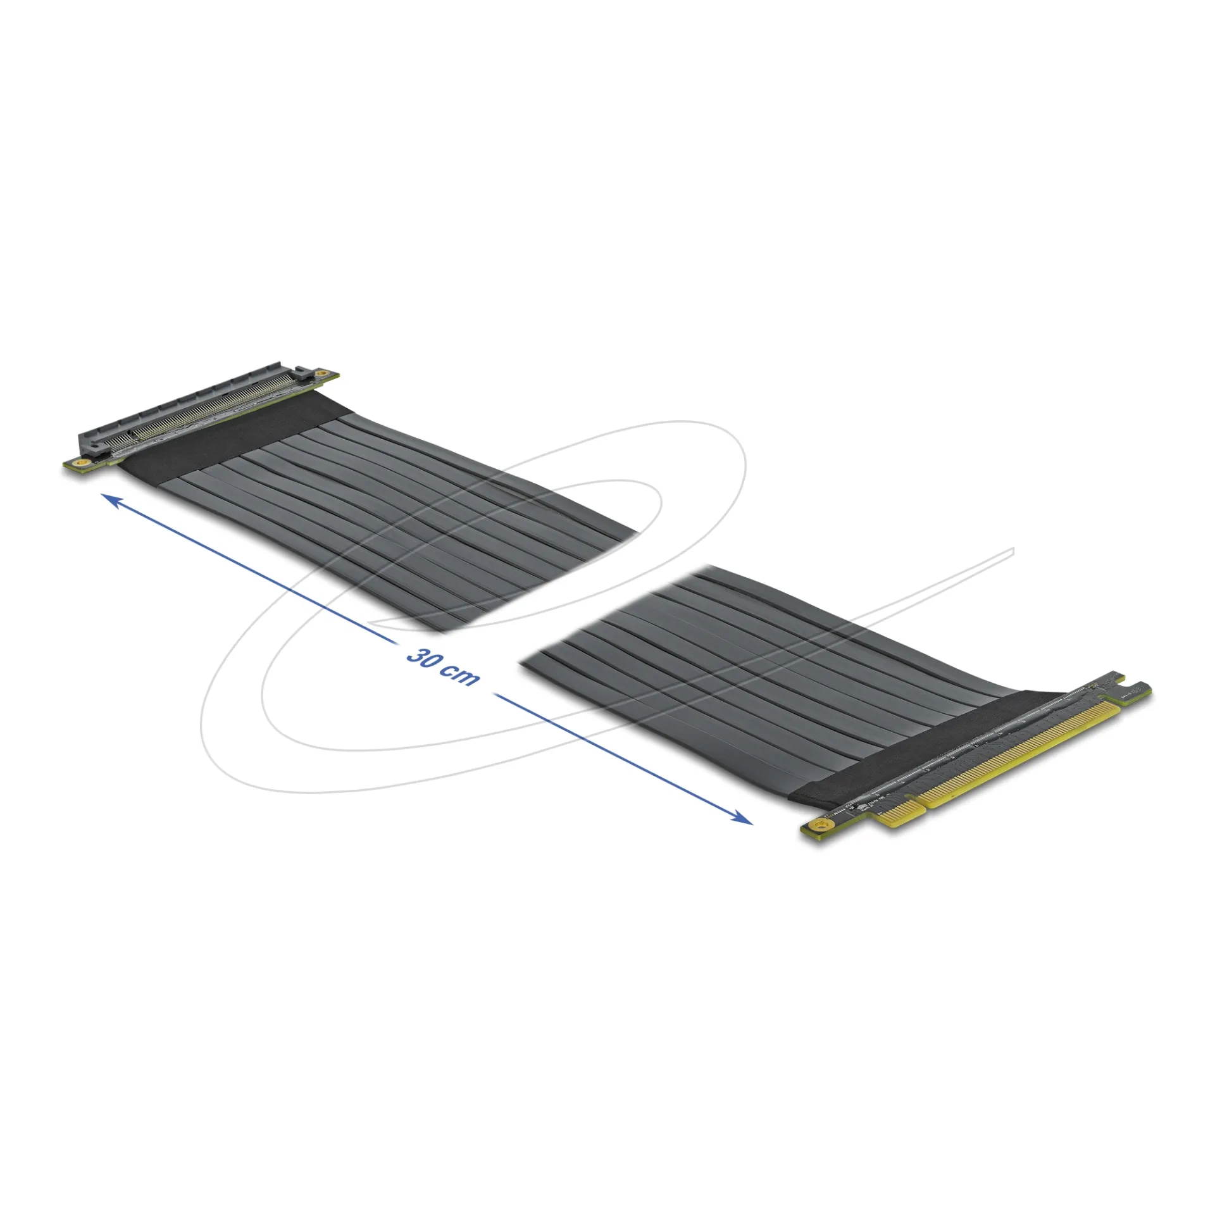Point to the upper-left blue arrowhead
click(112, 501)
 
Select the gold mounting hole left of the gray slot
click(80, 465)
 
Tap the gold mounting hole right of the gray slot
click(322, 374)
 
